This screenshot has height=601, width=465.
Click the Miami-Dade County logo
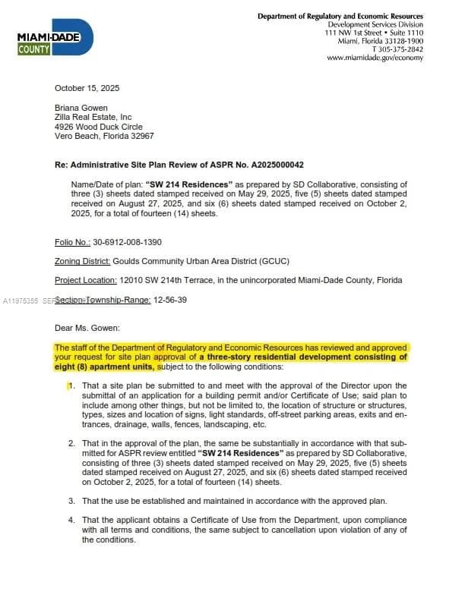pyautogui.click(x=55, y=39)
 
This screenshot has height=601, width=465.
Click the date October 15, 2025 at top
pyautogui.click(x=87, y=88)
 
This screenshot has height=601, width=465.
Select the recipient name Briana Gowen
pyautogui.click(x=81, y=108)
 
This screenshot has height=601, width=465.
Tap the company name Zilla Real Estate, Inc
pyautogui.click(x=93, y=117)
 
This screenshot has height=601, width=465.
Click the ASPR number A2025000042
pyautogui.click(x=274, y=165)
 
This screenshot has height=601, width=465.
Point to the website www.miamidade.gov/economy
pyautogui.click(x=375, y=58)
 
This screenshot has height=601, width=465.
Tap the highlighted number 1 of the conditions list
pyautogui.click(x=71, y=385)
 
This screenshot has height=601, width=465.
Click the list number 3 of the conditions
pyautogui.click(x=71, y=501)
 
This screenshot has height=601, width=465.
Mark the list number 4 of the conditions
pyautogui.click(x=71, y=521)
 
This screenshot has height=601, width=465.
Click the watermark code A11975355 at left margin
pyautogui.click(x=19, y=300)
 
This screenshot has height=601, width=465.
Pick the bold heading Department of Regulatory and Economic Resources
pyautogui.click(x=340, y=16)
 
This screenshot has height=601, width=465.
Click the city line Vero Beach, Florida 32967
pyautogui.click(x=104, y=136)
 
